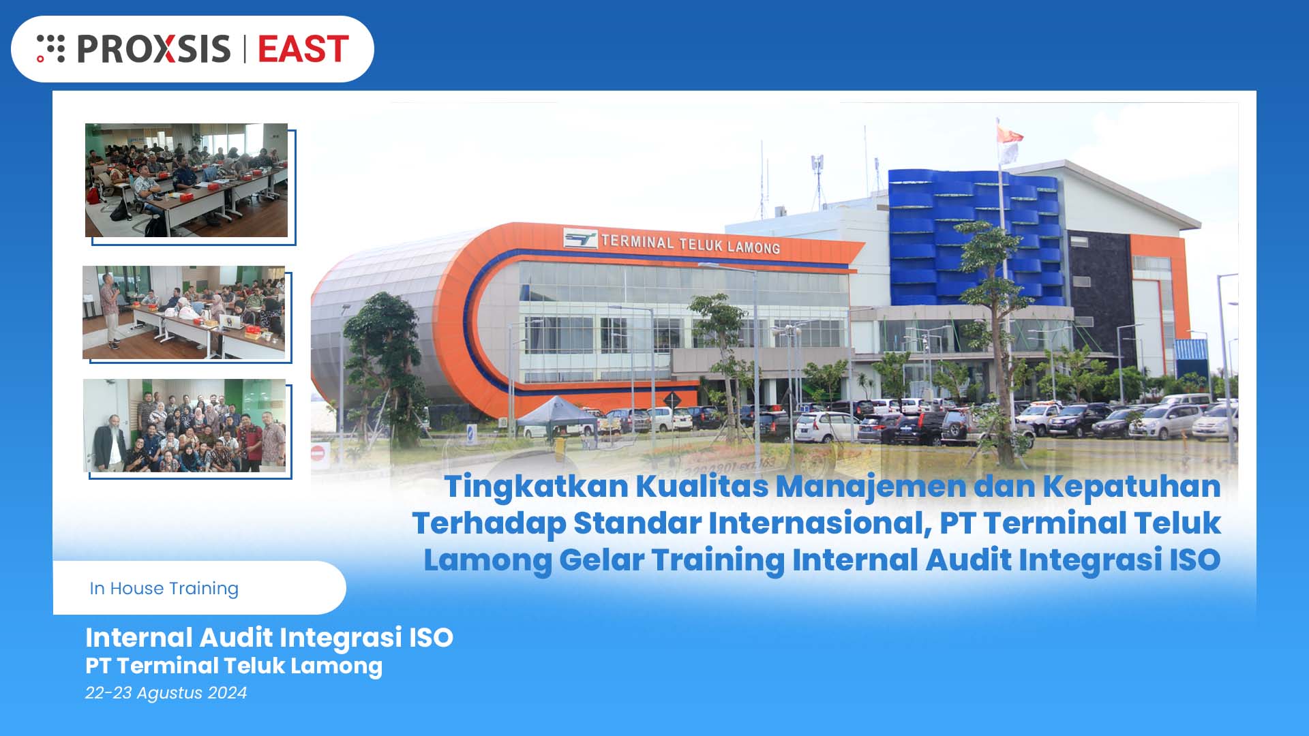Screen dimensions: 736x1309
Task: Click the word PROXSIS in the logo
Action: tap(153, 49)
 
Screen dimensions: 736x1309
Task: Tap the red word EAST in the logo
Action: tap(303, 49)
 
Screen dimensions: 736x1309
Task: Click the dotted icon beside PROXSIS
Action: tap(50, 48)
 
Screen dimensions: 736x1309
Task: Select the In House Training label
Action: tap(164, 588)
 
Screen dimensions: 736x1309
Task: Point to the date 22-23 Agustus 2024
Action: tap(166, 692)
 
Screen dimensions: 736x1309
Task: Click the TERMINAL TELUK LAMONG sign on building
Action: tap(690, 243)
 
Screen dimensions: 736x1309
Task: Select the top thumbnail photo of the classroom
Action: tap(186, 180)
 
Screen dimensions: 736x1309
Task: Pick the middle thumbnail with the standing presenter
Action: tap(183, 312)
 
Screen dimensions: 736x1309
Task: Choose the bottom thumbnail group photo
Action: tap(184, 425)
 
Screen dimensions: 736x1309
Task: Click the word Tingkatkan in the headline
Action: tap(536, 487)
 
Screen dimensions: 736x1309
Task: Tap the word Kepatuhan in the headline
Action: tap(1131, 487)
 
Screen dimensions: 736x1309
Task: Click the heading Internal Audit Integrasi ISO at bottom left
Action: tap(269, 637)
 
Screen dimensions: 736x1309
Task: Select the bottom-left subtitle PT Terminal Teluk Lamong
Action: tap(233, 666)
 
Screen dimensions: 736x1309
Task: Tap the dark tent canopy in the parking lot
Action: tap(556, 410)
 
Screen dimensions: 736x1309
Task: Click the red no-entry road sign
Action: tap(318, 452)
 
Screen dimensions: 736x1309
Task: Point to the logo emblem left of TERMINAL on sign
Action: tap(580, 239)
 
